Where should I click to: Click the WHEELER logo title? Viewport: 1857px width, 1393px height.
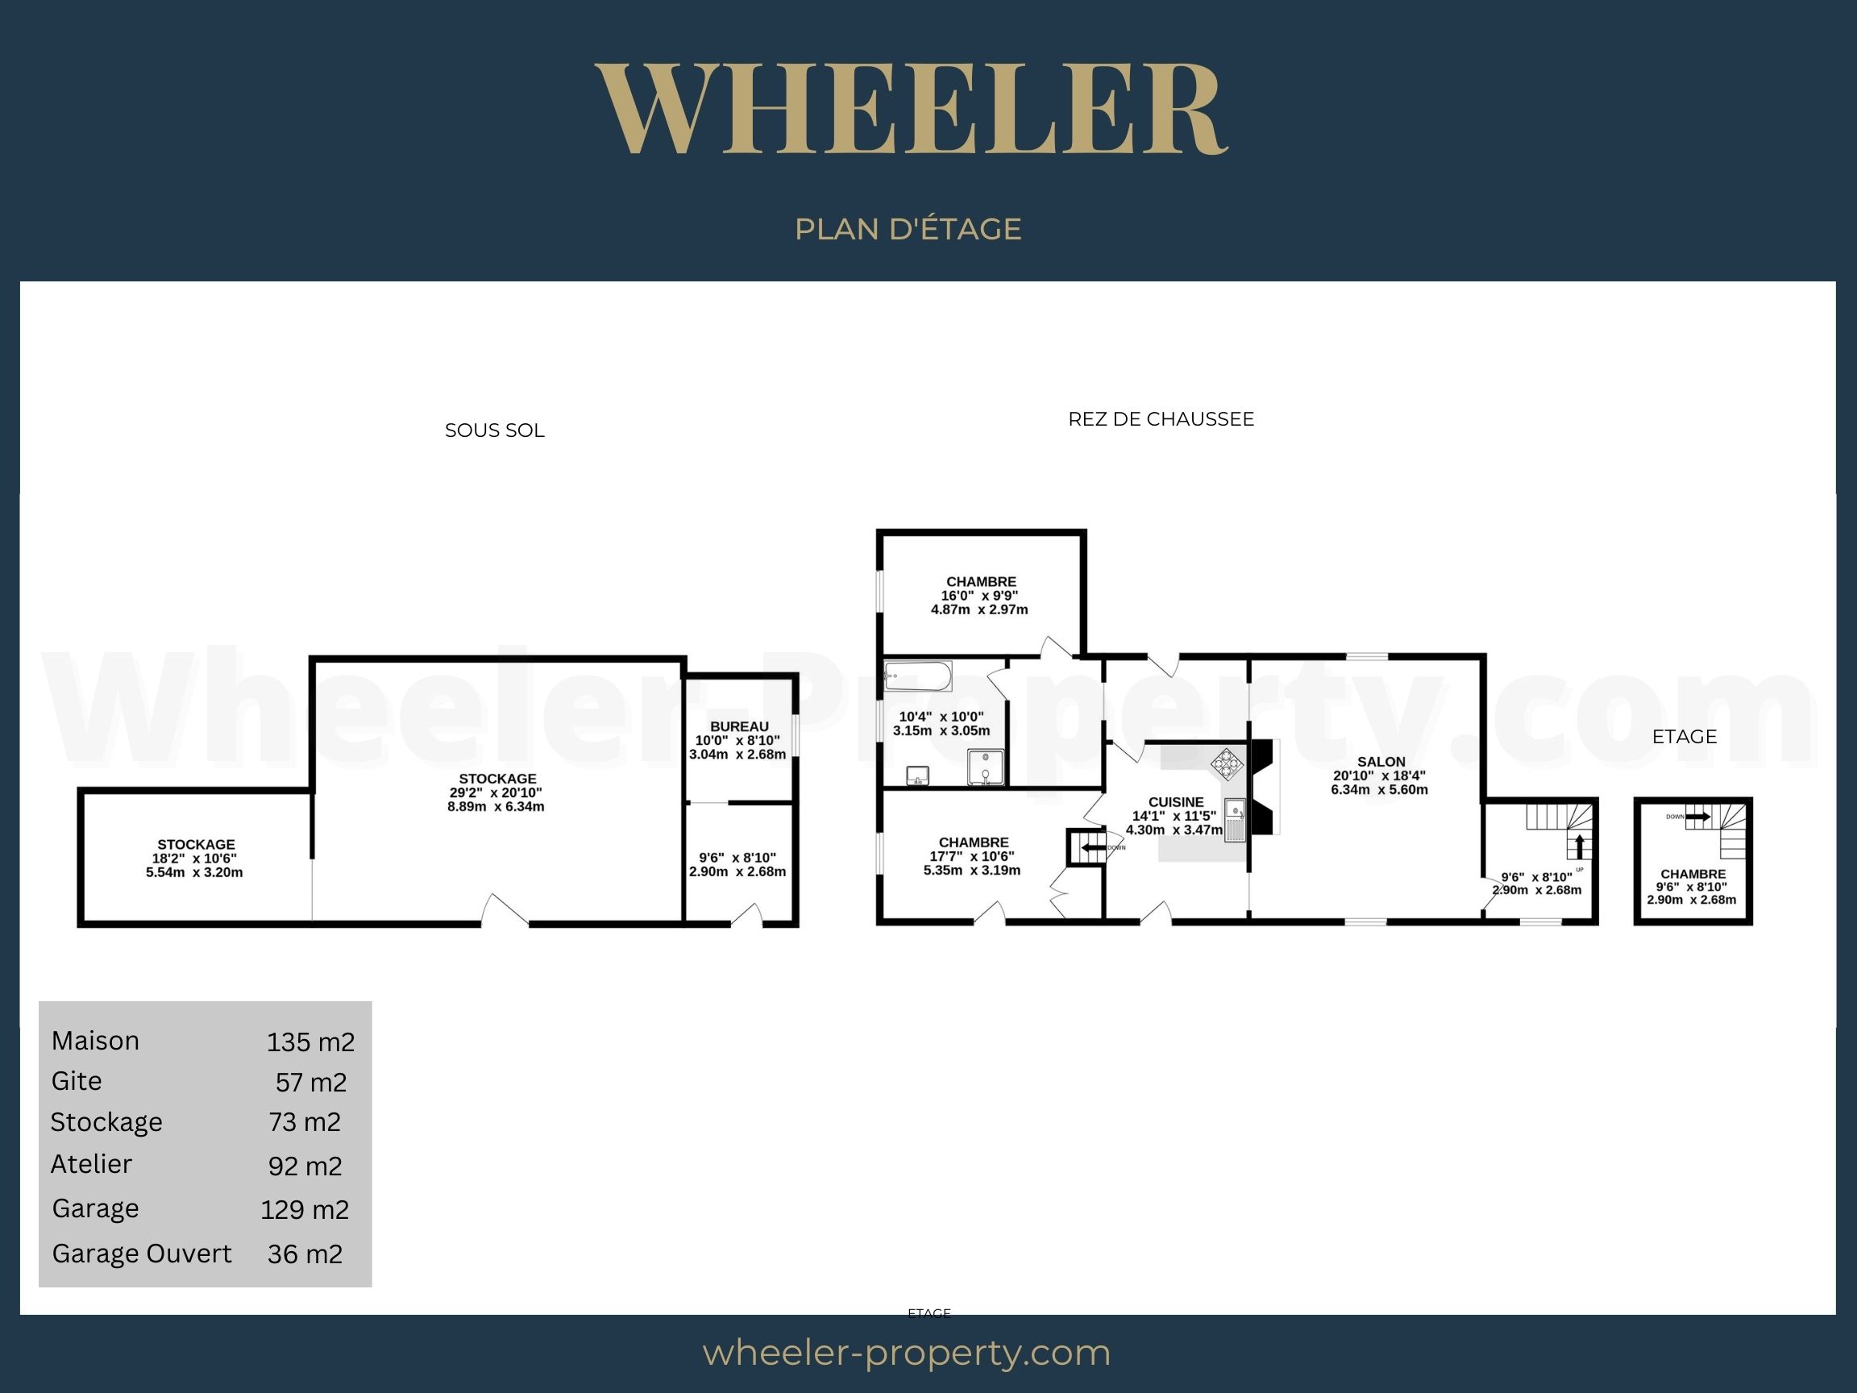pyautogui.click(x=912, y=109)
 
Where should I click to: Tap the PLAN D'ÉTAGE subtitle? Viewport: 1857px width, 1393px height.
pyautogui.click(x=908, y=229)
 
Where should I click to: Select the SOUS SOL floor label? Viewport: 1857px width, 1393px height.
pyautogui.click(x=494, y=430)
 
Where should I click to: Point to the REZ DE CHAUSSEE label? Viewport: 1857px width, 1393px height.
pyautogui.click(x=1161, y=419)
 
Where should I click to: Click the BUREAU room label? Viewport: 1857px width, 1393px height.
pyautogui.click(x=739, y=726)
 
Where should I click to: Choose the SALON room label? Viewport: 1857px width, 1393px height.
pyautogui.click(x=1381, y=762)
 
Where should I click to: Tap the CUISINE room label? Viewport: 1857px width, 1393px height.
pyautogui.click(x=1176, y=802)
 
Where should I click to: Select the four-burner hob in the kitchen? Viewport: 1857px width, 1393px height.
pyautogui.click(x=1227, y=764)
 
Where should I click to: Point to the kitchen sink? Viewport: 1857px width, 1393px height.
pyautogui.click(x=1234, y=820)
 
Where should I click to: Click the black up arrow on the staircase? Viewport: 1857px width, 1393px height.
pyautogui.click(x=1579, y=846)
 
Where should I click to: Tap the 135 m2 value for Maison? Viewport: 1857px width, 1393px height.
pyautogui.click(x=310, y=1042)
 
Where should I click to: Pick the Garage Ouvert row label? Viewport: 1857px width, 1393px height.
pyautogui.click(x=142, y=1254)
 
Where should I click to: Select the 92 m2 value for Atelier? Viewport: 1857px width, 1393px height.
pyautogui.click(x=305, y=1166)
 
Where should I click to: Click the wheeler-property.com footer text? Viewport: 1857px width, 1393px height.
pyautogui.click(x=907, y=1353)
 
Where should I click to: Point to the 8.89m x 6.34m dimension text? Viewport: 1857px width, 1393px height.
pyautogui.click(x=496, y=807)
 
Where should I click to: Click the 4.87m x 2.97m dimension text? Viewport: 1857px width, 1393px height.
pyautogui.click(x=978, y=609)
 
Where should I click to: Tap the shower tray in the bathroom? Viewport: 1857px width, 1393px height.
pyautogui.click(x=985, y=767)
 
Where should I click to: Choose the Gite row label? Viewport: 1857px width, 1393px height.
pyautogui.click(x=77, y=1081)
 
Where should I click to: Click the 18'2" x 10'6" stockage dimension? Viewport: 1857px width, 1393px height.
pyautogui.click(x=194, y=859)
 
